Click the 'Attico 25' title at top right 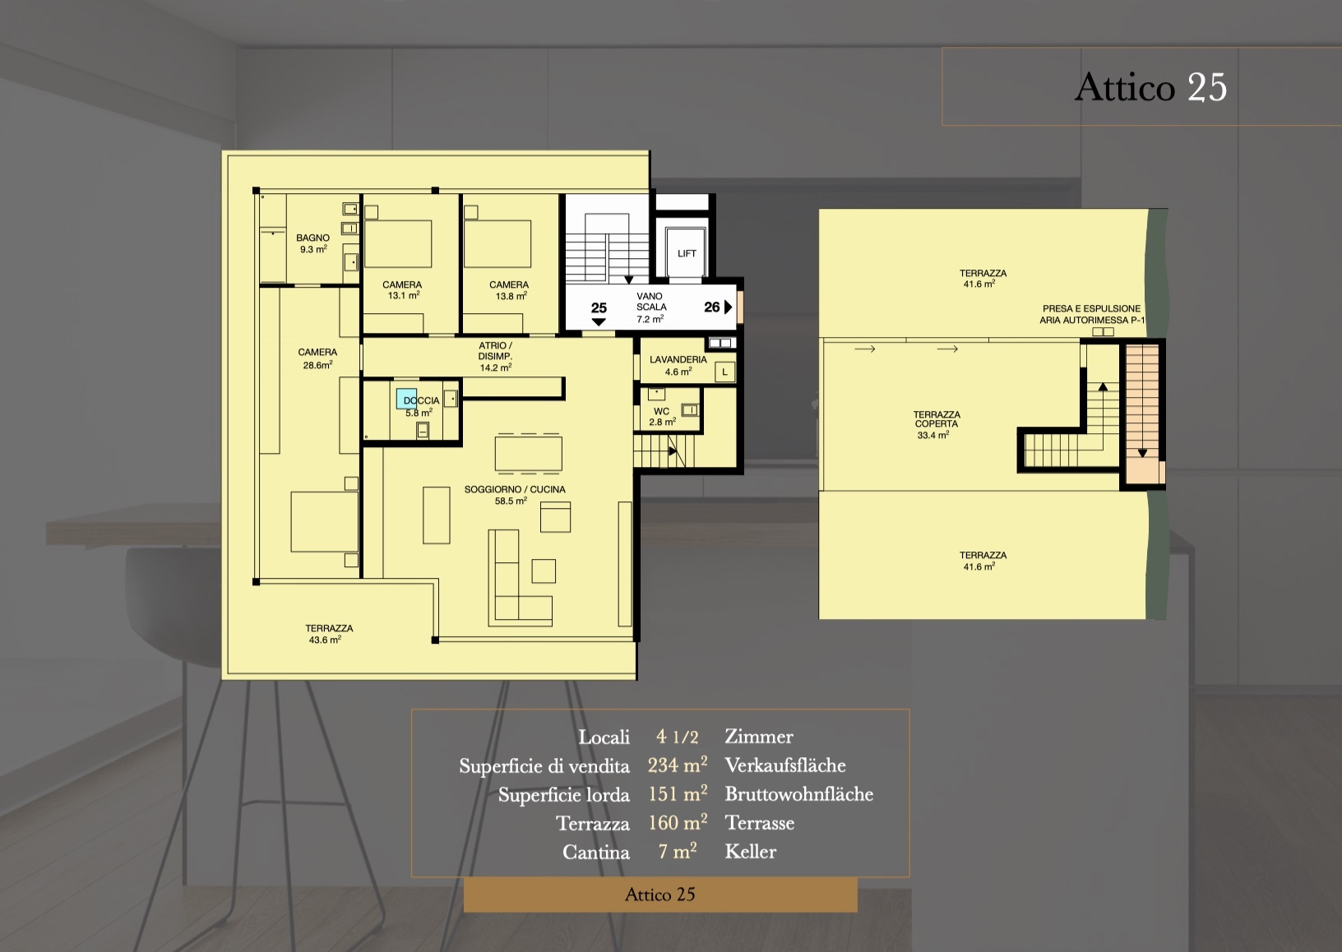(1150, 87)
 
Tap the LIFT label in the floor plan (687, 253)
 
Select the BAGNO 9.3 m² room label (312, 243)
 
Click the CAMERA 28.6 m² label (317, 358)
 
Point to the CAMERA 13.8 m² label (509, 290)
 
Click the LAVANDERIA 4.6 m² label (678, 365)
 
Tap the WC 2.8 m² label (662, 417)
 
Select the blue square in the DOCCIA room (406, 399)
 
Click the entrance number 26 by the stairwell (712, 307)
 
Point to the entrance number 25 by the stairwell (599, 308)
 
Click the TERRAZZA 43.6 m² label (329, 634)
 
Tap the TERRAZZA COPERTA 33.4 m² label (937, 424)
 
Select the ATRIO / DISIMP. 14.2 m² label (495, 357)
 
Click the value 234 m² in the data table (677, 765)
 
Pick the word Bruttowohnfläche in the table (798, 794)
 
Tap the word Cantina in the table (596, 853)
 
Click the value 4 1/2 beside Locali (677, 737)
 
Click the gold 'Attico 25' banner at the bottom (660, 894)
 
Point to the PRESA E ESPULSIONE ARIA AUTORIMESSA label (1091, 314)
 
